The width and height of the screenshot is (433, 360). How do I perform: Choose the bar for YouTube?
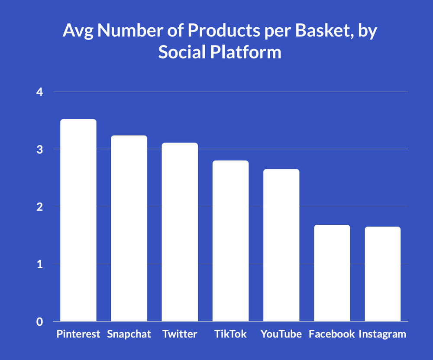pos(281,245)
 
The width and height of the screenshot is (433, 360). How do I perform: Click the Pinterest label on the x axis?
pos(78,334)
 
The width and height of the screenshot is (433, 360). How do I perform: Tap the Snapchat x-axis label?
pos(129,334)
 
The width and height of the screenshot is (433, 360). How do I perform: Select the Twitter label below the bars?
pos(180,334)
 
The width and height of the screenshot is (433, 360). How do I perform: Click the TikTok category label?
pos(230,334)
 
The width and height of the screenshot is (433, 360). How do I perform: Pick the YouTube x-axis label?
pos(281,334)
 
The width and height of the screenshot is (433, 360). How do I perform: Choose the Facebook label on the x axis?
pos(332,334)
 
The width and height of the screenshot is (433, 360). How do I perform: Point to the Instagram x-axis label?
pos(383,334)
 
